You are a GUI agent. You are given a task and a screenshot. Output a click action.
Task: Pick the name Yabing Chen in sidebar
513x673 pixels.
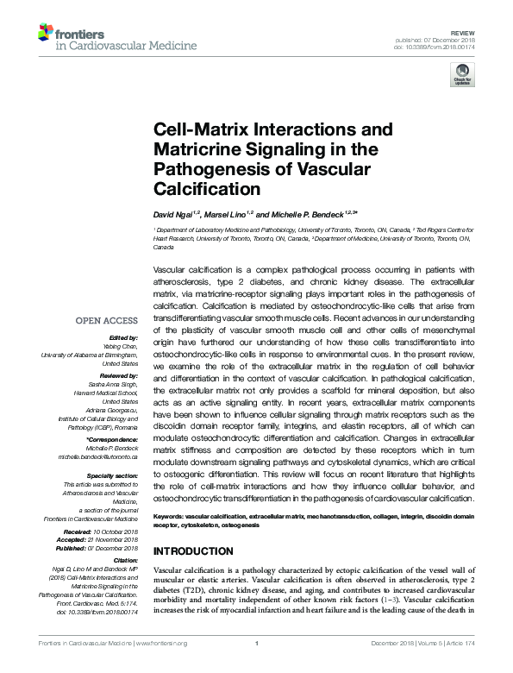tap(123, 345)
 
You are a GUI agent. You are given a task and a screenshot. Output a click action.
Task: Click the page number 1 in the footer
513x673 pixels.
tap(258, 666)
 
